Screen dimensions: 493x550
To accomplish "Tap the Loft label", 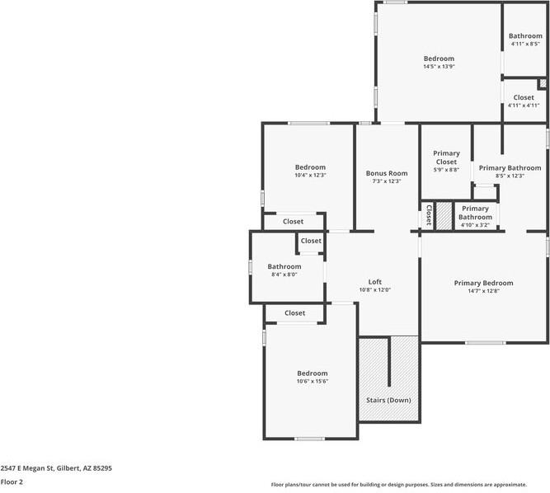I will (374, 282).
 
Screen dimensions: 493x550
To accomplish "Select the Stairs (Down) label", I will (388, 400).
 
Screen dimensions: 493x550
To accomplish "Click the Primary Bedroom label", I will (483, 283).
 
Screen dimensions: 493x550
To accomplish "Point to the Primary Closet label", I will (447, 157).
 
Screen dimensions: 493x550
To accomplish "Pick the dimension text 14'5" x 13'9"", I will (439, 67).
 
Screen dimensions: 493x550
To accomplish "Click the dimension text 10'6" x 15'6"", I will (313, 381).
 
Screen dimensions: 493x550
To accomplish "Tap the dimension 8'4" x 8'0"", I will (284, 275).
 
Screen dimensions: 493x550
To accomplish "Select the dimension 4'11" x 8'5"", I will (525, 45).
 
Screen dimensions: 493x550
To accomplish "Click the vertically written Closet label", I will (429, 216).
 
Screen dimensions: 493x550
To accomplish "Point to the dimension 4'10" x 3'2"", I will (475, 224).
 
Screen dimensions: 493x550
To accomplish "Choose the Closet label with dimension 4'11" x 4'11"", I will (524, 97).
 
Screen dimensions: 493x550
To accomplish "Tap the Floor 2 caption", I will (12, 481).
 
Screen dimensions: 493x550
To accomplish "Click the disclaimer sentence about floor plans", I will (410, 485).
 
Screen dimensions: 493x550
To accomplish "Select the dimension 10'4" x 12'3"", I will (310, 175).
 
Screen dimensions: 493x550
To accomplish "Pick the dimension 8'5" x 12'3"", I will (510, 176).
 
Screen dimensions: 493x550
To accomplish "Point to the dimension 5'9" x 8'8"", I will (447, 170).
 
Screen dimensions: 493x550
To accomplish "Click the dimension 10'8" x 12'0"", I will (374, 290).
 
